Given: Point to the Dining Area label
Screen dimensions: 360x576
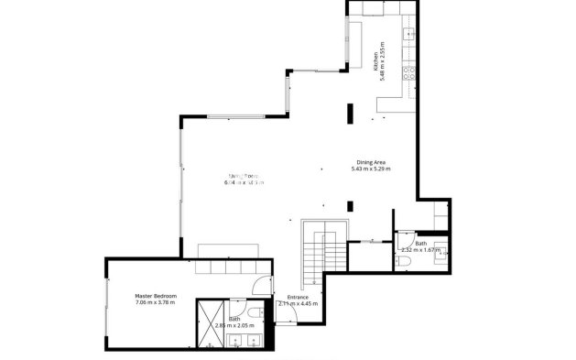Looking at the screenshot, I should (371, 162).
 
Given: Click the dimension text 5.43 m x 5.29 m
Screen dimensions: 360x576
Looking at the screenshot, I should (371, 169).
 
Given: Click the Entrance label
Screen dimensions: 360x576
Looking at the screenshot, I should (298, 297).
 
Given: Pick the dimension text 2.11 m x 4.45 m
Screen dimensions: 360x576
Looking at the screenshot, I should (298, 303).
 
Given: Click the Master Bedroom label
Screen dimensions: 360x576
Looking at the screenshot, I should (156, 296).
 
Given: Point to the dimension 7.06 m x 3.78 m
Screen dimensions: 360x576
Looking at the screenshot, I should (156, 303).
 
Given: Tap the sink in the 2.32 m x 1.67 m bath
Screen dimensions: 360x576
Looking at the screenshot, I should (441, 249).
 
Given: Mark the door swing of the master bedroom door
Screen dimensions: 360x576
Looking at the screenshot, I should (262, 284).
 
